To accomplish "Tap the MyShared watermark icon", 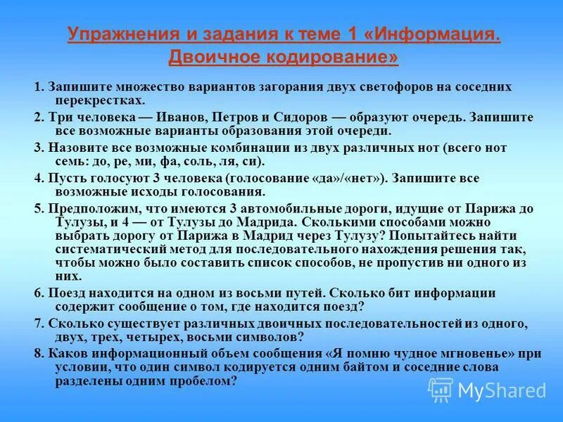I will coord(441,389).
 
